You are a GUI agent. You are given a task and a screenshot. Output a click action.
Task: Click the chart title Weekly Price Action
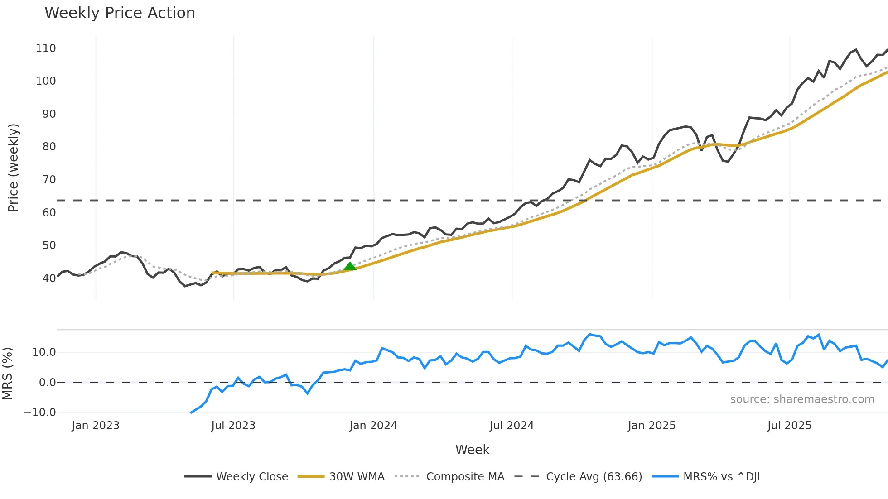pyautogui.click(x=120, y=13)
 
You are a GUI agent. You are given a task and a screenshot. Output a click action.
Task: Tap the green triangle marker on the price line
pyautogui.click(x=350, y=266)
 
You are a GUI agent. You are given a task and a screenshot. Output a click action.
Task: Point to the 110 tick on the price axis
pyautogui.click(x=46, y=48)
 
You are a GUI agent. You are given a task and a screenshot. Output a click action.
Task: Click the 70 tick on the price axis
pyautogui.click(x=49, y=180)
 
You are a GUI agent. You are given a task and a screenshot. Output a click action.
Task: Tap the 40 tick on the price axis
pyautogui.click(x=49, y=278)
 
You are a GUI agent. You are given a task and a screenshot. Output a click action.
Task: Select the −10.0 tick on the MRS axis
pyautogui.click(x=40, y=413)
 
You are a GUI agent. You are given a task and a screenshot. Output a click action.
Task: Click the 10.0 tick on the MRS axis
pyautogui.click(x=44, y=352)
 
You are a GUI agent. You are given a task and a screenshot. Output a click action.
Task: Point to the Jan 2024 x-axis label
pyautogui.click(x=373, y=426)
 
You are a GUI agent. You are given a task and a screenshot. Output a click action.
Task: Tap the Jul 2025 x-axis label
pyautogui.click(x=789, y=426)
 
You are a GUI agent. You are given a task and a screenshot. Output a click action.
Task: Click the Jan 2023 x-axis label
pyautogui.click(x=96, y=426)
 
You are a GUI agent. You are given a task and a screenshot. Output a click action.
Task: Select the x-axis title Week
pyautogui.click(x=472, y=450)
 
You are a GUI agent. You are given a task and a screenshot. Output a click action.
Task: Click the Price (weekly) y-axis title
pyautogui.click(x=13, y=168)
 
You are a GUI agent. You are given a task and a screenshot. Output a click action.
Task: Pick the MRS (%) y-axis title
pyautogui.click(x=7, y=374)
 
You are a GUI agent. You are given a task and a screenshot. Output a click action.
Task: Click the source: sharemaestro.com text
pyautogui.click(x=802, y=399)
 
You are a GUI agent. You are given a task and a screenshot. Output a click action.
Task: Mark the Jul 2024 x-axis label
pyautogui.click(x=512, y=426)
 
